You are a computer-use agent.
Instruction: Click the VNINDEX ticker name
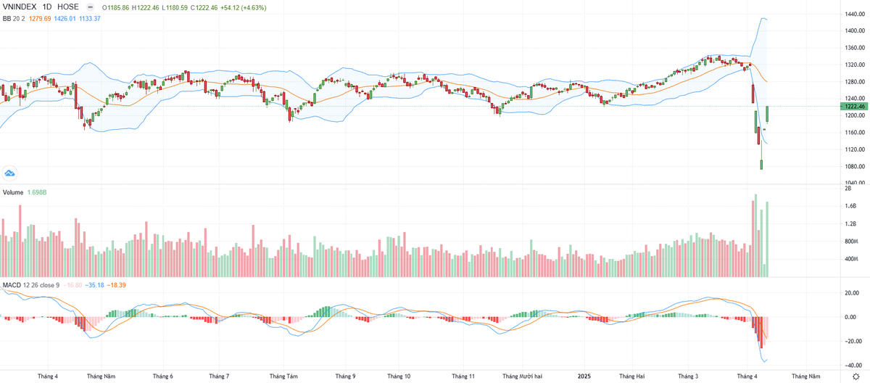click(20, 7)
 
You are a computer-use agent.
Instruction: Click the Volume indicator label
click(14, 193)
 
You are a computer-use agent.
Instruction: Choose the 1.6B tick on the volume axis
click(850, 206)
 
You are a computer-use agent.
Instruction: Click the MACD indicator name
click(12, 285)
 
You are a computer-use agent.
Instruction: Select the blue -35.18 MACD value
click(94, 285)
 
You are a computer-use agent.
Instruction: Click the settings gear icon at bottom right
click(855, 376)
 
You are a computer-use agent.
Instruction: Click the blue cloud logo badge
click(10, 173)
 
